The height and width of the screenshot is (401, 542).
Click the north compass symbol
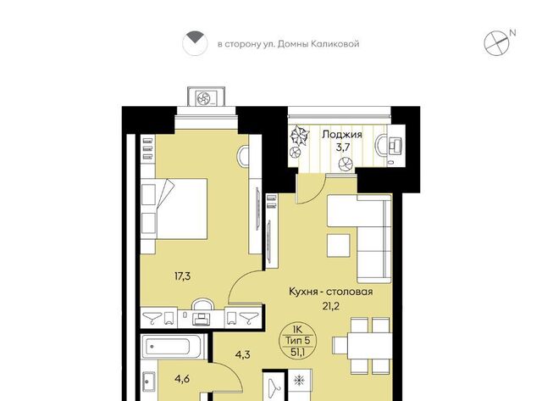pos(496,43)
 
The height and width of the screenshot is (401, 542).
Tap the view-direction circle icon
pos(195,43)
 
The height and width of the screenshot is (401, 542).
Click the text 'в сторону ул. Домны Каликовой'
pos(288,44)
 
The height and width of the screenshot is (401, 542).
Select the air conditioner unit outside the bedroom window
pos(207,97)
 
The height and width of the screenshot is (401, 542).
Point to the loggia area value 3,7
pos(343,148)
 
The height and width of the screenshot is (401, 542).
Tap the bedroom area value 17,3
pos(183,276)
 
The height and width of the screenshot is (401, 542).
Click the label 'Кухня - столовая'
pos(331,292)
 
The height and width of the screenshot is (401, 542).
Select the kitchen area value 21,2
pos(331,306)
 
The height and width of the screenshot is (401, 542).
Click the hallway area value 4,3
pos(243,354)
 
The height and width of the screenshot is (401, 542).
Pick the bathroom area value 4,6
pos(182,379)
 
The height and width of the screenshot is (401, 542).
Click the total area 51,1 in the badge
pos(297,352)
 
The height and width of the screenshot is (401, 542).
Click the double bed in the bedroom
pos(174,209)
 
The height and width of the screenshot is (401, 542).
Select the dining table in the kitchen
pos(369,345)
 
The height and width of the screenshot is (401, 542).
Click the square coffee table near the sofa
pos(339,245)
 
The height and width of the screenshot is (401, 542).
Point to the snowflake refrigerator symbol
pos(298,381)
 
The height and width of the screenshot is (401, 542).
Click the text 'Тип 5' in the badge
pos(297,341)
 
